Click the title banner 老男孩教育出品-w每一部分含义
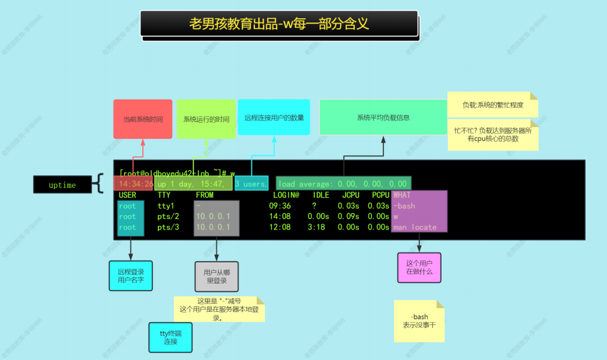279,24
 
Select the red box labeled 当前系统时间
138,118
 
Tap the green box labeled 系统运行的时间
206,118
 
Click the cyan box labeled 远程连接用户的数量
274,117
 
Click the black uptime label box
62,185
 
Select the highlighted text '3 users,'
251,184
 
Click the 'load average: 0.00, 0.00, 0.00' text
343,184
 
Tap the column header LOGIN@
286,195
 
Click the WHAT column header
402,195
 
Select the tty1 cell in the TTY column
166,206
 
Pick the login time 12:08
280,227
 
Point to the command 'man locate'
415,227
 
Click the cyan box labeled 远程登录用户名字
131,276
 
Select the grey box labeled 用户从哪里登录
216,276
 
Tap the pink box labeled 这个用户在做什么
419,267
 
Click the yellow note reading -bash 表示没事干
419,321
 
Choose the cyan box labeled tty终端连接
170,337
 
